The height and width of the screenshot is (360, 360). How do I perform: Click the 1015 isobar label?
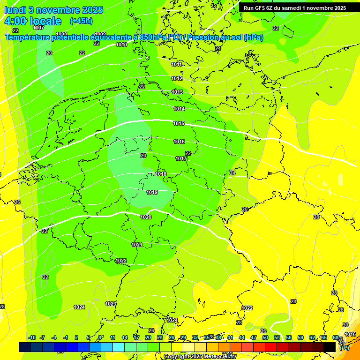point(179,124)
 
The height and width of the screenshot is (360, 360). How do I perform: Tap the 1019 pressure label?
point(152,193)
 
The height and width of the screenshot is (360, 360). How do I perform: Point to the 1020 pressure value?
point(146,217)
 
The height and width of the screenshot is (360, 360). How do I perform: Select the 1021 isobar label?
point(137,245)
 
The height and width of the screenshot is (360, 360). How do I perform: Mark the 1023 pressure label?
point(111,304)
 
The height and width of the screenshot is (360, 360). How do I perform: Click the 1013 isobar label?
point(177,92)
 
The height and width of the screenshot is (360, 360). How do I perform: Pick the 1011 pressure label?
point(177,65)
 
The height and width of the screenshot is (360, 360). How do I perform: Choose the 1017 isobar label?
point(181,159)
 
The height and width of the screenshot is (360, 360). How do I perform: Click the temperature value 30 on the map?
point(345,325)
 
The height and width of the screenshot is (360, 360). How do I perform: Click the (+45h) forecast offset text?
point(81,21)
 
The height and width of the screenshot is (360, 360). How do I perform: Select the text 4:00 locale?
point(33,21)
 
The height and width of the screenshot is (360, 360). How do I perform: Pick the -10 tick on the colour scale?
point(32,338)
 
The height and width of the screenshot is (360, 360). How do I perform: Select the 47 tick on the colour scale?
point(254,338)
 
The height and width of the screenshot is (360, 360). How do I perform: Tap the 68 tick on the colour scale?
point(336,338)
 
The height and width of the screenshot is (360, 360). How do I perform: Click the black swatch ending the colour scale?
point(330,347)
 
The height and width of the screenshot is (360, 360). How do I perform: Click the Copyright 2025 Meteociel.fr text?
point(200,357)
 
